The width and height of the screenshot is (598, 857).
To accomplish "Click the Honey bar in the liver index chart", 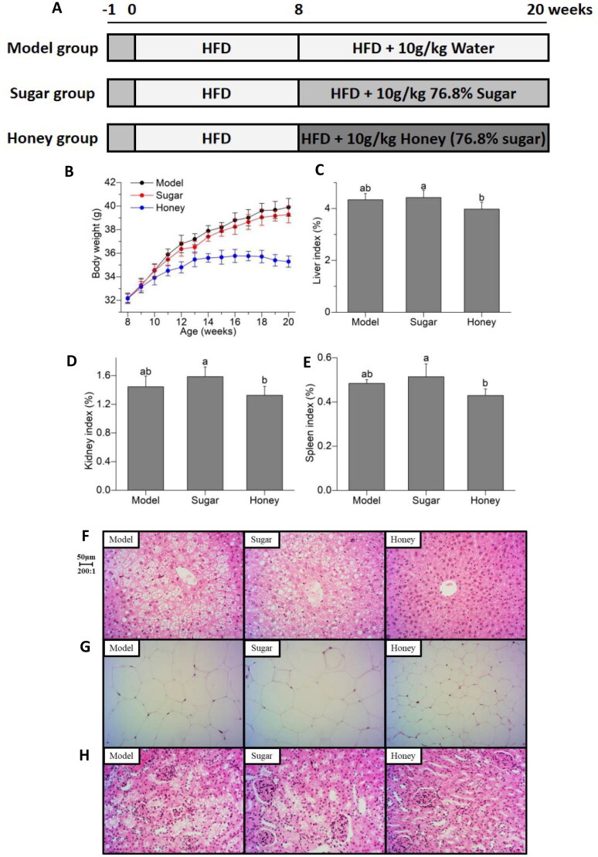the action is (x=481, y=260).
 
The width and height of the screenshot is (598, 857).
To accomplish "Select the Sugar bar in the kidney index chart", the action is (x=205, y=433).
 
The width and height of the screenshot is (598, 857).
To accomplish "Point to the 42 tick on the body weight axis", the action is (x=110, y=182).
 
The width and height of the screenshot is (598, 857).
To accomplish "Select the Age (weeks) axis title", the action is (x=209, y=332).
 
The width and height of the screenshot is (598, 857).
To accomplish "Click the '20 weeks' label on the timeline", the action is (x=559, y=9).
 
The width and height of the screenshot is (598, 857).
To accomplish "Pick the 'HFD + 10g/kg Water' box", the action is (x=423, y=48).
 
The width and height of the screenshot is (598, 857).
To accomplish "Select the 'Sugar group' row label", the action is (x=52, y=93).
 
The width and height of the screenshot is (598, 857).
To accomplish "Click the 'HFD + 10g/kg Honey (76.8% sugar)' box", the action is (x=423, y=139).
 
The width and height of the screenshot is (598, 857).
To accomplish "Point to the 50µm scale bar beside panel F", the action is (x=86, y=564).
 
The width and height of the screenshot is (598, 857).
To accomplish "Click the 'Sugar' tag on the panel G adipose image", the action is (x=261, y=649).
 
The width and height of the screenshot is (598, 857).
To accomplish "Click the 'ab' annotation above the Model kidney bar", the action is (x=145, y=371).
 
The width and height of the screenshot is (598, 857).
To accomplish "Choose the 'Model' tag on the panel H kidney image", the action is (x=121, y=756).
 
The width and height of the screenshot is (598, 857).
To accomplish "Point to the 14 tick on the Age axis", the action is (x=208, y=322).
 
